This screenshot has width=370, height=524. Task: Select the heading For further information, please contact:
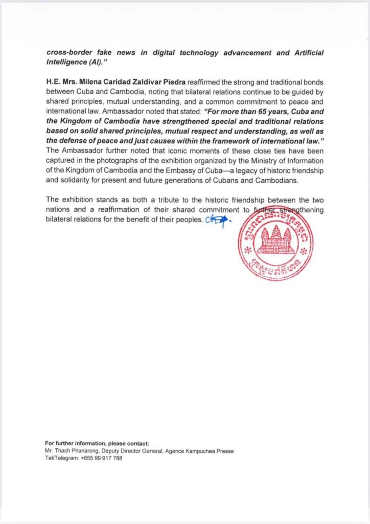[x=97, y=443]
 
